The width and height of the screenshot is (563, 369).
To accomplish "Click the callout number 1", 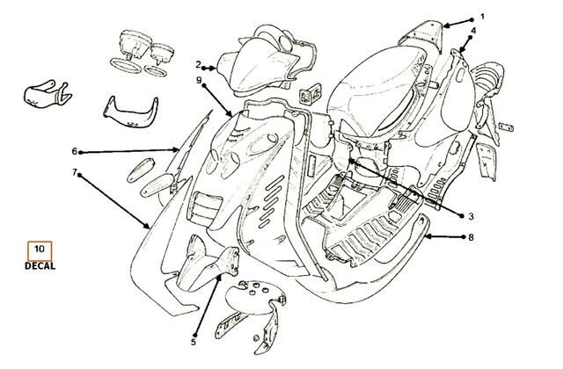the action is tap(482, 17).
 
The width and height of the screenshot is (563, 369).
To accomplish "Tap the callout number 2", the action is tap(198, 65).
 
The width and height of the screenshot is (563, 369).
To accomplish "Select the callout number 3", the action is tap(472, 217).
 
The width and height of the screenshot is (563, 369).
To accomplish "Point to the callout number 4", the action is tap(473, 31).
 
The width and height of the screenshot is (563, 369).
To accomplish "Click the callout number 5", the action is tap(194, 342).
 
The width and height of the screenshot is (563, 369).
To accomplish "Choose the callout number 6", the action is tap(74, 151).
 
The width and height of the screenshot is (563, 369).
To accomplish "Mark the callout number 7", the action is tap(75, 173).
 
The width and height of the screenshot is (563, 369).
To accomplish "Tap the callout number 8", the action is tap(472, 237).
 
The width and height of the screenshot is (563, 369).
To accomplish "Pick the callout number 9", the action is tap(200, 80).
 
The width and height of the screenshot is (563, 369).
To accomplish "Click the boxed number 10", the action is tap(40, 248).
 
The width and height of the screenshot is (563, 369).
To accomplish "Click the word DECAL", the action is tap(40, 266).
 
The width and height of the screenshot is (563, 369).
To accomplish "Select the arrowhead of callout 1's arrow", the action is tap(446, 25).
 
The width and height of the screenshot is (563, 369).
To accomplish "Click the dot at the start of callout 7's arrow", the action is tap(79, 176).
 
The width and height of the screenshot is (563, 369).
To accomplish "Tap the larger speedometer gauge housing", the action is tap(133, 44).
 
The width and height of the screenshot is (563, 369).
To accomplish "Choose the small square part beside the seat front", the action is tap(311, 93).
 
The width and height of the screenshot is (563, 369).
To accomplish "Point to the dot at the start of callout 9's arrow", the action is tap(204, 86).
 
